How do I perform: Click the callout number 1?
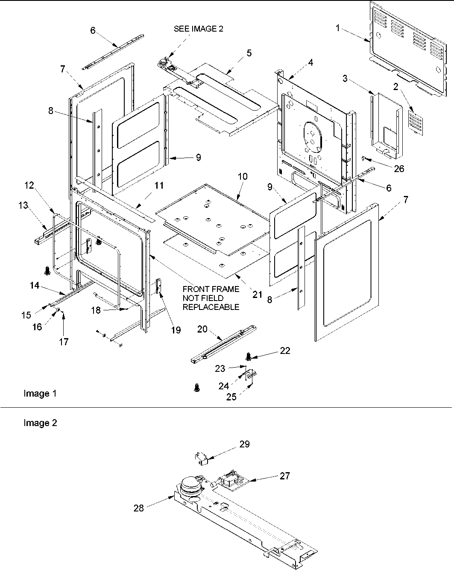coord(337,28)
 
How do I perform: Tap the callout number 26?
coord(398,169)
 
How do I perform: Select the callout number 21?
coord(257,295)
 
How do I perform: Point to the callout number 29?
coord(244,444)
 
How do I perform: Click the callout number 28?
coord(138,508)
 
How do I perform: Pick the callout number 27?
coord(284,476)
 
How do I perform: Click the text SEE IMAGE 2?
coord(198,29)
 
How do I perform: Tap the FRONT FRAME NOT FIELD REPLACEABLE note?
coord(211,298)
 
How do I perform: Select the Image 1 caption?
coord(40,394)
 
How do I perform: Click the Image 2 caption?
coord(40,423)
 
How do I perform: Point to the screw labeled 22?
coord(249,355)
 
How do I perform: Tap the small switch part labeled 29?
coord(201,459)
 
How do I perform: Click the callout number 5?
coord(249,53)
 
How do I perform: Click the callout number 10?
coord(243,176)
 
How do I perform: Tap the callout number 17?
coord(64,342)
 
